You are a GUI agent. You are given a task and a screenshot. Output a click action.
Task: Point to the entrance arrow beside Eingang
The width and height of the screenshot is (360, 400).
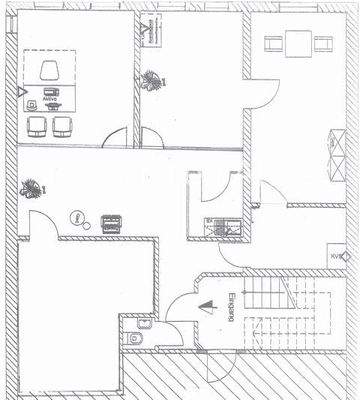(209, 306)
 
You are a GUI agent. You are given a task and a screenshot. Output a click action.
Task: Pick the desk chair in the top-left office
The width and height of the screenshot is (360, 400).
(50, 71)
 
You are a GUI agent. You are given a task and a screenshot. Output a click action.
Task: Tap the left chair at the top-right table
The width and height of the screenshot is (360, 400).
(270, 44)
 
